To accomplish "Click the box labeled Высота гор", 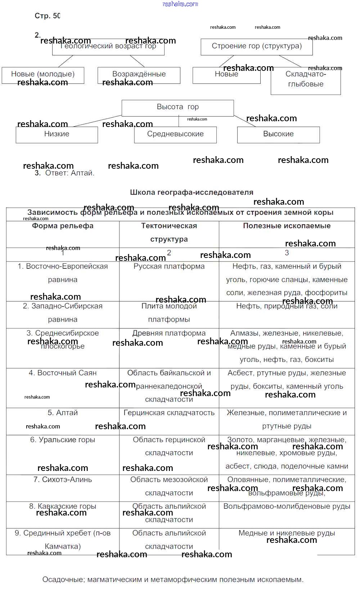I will (177, 107).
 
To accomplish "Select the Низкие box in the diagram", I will (57, 134).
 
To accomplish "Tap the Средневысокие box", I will (175, 134).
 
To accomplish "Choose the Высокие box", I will (278, 134).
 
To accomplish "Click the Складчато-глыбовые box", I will (306, 79).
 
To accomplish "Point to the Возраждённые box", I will (139, 74).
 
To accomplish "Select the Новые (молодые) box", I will (43, 74).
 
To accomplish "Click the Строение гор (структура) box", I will (257, 46).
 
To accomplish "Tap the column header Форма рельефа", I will (63, 226).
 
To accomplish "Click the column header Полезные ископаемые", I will (287, 226).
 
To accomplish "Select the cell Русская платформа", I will (169, 267).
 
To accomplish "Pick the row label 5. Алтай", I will (63, 413).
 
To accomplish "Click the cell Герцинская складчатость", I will (169, 413).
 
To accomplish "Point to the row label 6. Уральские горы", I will (63, 440).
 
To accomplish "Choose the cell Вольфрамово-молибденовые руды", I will (287, 507).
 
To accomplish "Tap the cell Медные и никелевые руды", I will (287, 533).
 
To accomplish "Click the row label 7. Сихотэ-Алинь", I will (63, 480).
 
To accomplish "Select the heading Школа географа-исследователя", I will (192, 192).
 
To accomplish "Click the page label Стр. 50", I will (48, 16).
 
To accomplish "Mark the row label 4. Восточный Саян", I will (63, 373).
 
